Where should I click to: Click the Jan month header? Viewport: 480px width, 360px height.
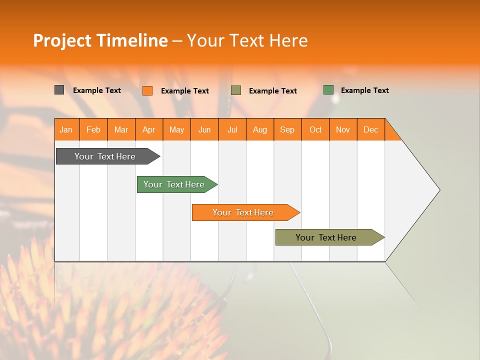(66, 129)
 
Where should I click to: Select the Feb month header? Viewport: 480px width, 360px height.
(93, 129)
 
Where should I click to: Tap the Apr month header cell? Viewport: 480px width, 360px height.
(149, 129)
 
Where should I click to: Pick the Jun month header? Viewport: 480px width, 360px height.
(204, 129)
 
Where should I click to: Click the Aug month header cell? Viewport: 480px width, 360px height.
(260, 129)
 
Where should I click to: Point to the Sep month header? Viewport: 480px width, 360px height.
(287, 129)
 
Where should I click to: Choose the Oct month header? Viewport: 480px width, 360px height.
(315, 129)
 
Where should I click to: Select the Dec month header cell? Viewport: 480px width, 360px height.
(371, 129)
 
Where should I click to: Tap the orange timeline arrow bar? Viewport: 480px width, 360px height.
(243, 212)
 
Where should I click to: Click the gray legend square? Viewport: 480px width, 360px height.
(59, 90)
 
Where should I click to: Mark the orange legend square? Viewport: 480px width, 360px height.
(147, 90)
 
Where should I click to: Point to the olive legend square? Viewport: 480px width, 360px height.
(236, 90)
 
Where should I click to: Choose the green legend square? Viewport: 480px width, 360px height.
(328, 90)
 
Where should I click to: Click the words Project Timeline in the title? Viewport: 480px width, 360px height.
(100, 40)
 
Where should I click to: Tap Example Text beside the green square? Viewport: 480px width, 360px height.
(364, 90)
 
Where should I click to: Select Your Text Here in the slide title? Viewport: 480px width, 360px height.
(247, 40)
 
